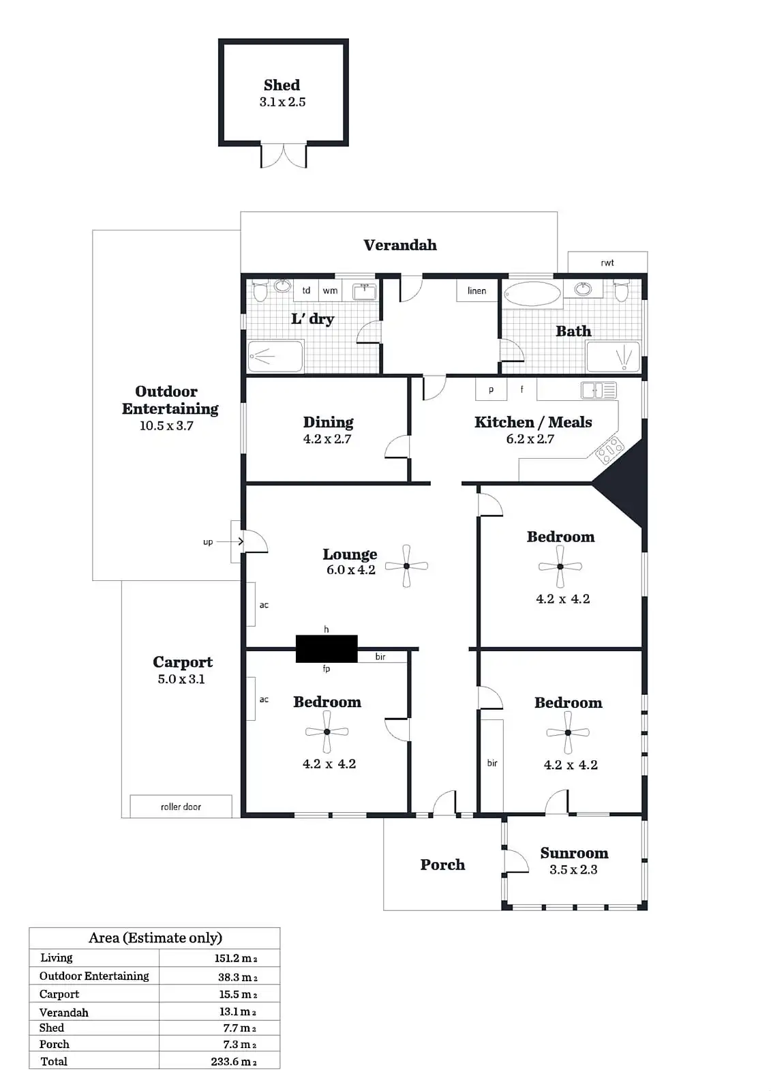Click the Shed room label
point(282,85)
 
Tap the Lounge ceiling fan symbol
point(406,566)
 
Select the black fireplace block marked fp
point(327,648)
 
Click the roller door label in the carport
point(181,807)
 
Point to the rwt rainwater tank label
point(607,263)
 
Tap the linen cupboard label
point(477,290)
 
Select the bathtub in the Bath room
point(532,295)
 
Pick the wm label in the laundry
point(330,290)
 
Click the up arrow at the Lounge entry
point(230,541)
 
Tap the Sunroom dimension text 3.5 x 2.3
point(573,869)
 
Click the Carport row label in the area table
point(59,994)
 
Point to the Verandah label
point(400,245)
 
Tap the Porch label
point(442,865)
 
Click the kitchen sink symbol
point(599,390)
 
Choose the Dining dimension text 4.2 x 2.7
point(327,439)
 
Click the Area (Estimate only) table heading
point(155,938)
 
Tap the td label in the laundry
point(306,290)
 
